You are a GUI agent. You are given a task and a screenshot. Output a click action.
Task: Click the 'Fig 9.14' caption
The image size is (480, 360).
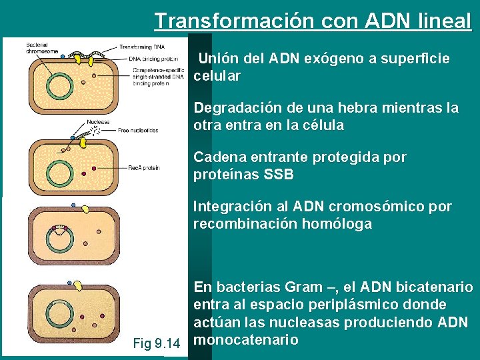point(157,344)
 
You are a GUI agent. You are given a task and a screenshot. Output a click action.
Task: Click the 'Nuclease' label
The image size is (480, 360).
point(98,123)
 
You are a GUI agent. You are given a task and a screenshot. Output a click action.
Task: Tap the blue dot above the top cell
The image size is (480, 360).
point(62,58)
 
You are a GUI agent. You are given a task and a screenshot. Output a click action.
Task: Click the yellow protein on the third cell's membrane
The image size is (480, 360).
point(85,209)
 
